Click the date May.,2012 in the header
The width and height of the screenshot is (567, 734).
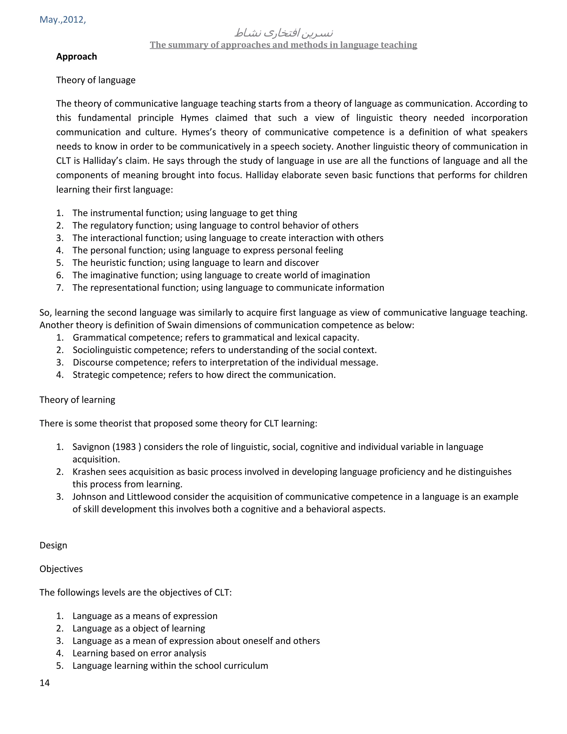point(63,19)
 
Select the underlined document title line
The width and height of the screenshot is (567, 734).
point(283,45)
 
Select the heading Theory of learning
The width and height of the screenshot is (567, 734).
point(77,400)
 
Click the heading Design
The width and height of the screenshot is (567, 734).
point(53,545)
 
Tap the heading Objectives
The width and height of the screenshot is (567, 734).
point(61,569)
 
